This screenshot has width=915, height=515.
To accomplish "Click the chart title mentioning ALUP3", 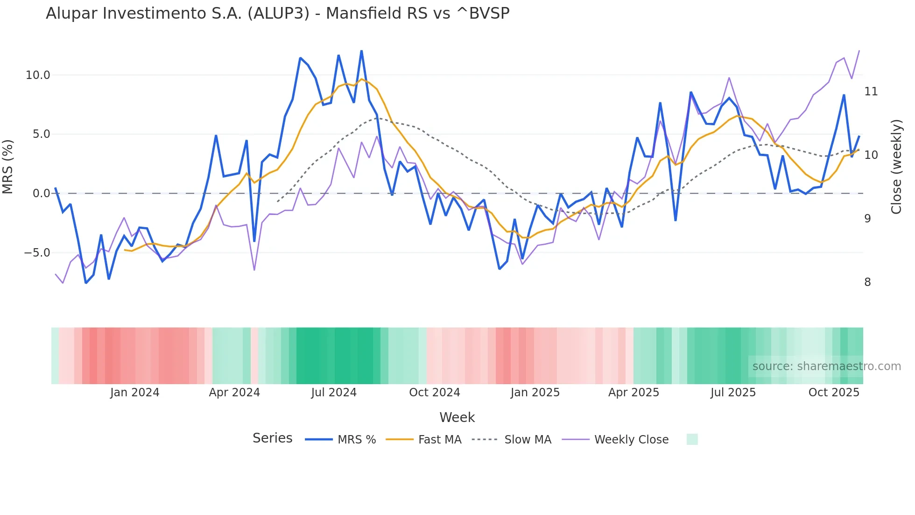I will click(277, 14).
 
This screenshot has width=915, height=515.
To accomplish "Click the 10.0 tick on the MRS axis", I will click(37, 75).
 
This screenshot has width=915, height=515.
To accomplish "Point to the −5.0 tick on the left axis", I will click(37, 253).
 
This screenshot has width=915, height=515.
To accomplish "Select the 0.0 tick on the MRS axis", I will click(41, 193).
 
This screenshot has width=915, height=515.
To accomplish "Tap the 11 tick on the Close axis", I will click(871, 92).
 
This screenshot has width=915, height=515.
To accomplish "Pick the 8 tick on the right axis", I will click(867, 282).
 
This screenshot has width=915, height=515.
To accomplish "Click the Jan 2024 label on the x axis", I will click(134, 393).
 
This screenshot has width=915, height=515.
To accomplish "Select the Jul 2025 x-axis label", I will click(733, 393).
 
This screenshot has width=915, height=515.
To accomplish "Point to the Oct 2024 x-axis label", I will click(434, 393).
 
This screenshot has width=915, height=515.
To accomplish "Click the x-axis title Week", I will click(457, 417).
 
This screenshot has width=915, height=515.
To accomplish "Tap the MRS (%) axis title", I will click(8, 167).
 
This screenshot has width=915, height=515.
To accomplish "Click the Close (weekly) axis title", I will click(896, 167).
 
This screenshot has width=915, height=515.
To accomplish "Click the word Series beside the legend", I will click(272, 438).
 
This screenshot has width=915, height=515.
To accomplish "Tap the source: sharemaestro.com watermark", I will click(826, 366).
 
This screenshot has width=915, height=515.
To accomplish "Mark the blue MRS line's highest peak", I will click(361, 51).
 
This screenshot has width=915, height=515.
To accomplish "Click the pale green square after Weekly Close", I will click(692, 439).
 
